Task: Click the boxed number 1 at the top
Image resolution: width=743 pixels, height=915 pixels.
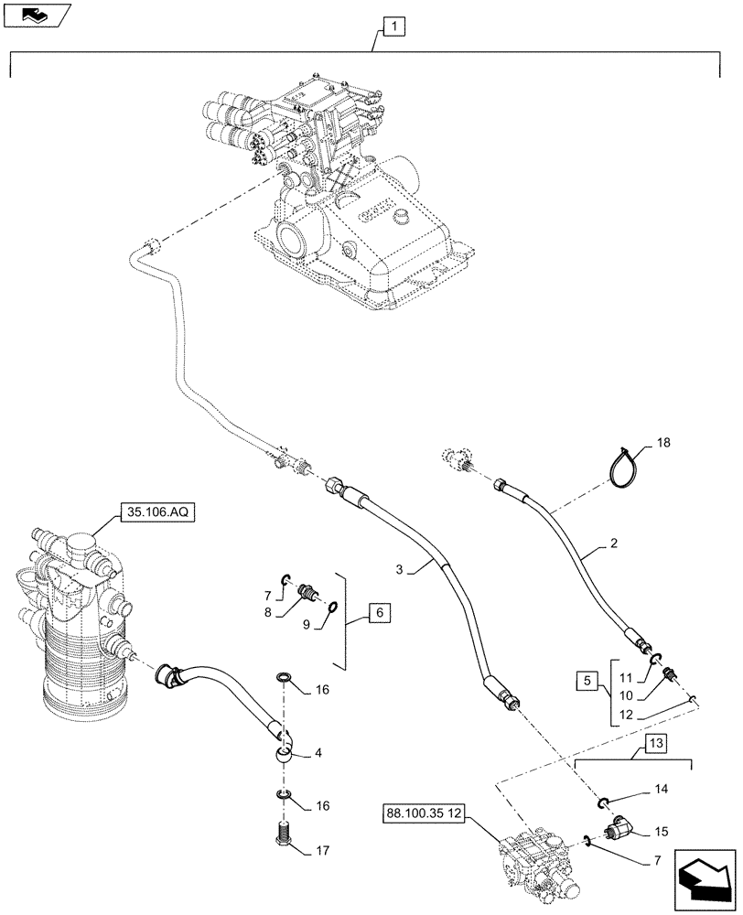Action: pyautogui.click(x=392, y=27)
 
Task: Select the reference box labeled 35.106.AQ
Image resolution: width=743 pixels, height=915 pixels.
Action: pyautogui.click(x=155, y=515)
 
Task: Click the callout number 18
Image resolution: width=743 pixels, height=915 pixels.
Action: pyautogui.click(x=663, y=442)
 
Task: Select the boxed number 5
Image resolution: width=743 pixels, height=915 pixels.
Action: pyautogui.click(x=589, y=682)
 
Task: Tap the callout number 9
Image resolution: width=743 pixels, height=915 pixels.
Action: pyautogui.click(x=307, y=625)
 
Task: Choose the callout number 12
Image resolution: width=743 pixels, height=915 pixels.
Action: pyautogui.click(x=625, y=715)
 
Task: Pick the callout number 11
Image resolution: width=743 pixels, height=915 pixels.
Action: pyautogui.click(x=625, y=678)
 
